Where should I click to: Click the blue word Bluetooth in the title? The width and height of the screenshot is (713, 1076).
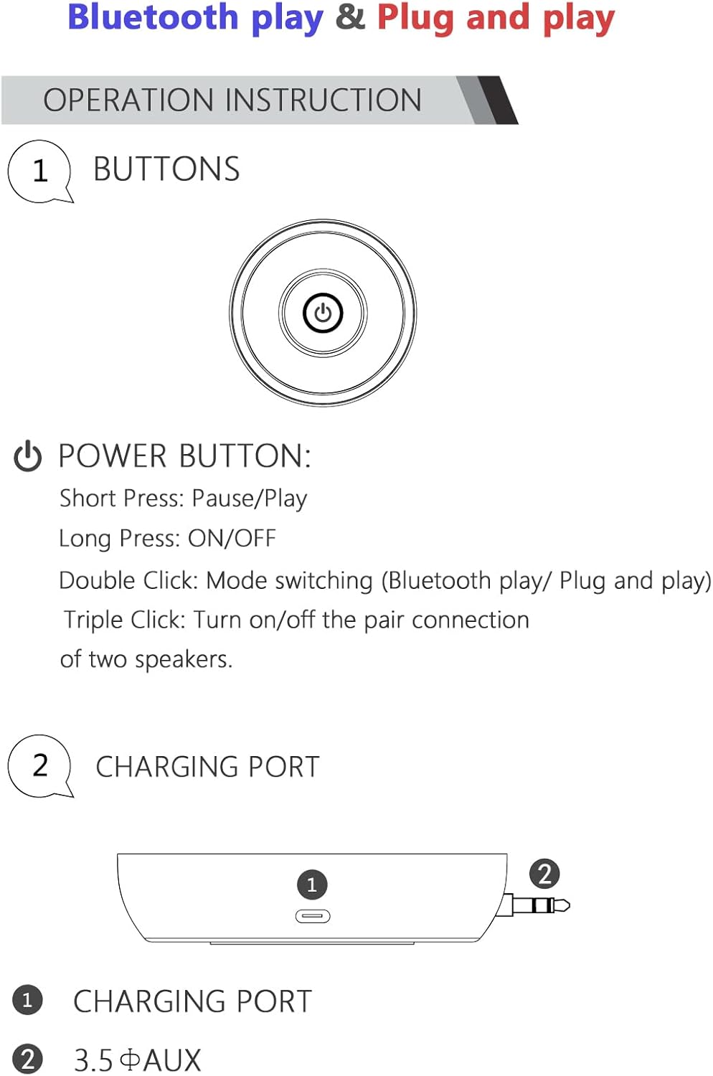tap(154, 17)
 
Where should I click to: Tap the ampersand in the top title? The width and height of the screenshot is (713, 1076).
tap(350, 17)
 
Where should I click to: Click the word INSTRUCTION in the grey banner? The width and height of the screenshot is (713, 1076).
tap(324, 100)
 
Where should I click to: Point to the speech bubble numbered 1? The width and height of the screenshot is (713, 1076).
tap(40, 171)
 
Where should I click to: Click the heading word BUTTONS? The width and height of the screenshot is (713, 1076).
tap(166, 169)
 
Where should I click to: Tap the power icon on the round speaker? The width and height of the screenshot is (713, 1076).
tap(323, 313)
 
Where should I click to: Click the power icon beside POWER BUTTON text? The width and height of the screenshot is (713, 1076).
tap(28, 456)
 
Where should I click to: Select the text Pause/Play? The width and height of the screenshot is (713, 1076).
tap(250, 499)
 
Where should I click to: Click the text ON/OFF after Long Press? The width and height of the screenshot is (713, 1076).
tap(232, 539)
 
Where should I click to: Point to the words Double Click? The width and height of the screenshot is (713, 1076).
tap(128, 580)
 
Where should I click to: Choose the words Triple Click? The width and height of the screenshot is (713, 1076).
tap(125, 620)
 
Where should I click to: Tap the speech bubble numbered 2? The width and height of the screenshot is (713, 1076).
tap(40, 766)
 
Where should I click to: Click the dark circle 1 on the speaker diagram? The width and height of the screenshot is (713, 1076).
tap(312, 884)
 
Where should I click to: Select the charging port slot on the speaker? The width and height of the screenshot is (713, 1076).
tap(313, 916)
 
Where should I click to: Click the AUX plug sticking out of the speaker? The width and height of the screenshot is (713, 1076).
tap(536, 905)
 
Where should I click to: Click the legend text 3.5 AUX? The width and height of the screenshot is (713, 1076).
tap(137, 1060)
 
